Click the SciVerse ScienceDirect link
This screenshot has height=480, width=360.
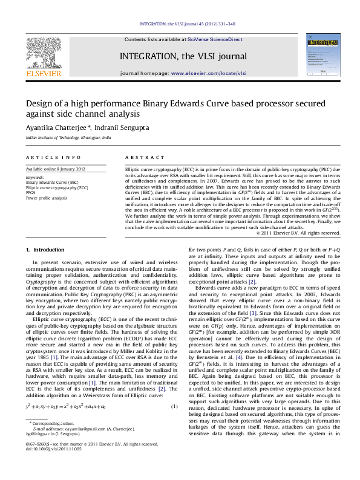point(215,39)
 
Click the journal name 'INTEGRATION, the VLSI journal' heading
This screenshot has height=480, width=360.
point(184,56)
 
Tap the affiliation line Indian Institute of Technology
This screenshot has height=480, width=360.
point(68,138)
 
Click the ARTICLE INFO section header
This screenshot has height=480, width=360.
point(53,157)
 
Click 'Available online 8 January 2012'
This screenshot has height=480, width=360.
point(55,169)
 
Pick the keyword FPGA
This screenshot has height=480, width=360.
point(31,192)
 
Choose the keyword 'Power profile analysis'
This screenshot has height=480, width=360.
point(47,198)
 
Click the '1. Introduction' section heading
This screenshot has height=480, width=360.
point(45,250)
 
